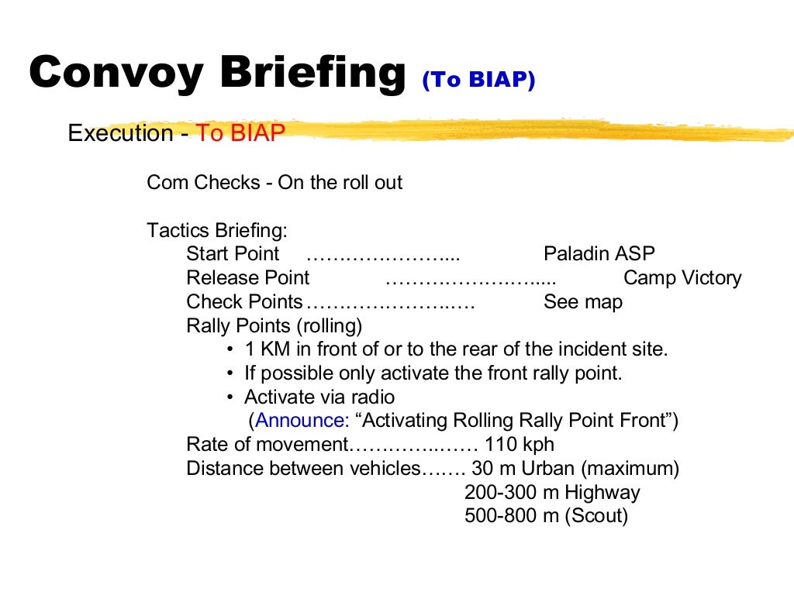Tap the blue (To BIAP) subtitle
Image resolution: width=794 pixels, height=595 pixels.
pos(478,81)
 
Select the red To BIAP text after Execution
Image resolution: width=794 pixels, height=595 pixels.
pos(240,133)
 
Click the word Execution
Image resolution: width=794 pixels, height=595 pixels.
pos(120,133)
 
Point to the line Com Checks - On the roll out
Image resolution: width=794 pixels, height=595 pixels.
pos(274,183)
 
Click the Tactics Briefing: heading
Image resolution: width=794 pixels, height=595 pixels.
pos(217,230)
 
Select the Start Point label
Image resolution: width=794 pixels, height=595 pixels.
pos(233,254)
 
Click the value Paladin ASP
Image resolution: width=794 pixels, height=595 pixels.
pos(599,254)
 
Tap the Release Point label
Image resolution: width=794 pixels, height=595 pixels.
pos(247,278)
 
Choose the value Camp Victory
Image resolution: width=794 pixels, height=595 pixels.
pos(682,278)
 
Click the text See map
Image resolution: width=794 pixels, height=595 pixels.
pos(582,302)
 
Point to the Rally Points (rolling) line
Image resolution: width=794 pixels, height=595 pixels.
pos(274,325)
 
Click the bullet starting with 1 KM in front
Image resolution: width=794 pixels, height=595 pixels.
pos(455,349)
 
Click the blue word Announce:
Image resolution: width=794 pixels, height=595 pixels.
pos(302,421)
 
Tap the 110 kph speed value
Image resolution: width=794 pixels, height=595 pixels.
pos(519,445)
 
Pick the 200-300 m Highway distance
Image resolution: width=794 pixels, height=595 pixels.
pos(551,493)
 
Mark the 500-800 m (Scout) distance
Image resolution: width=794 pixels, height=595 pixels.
pos(545,516)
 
